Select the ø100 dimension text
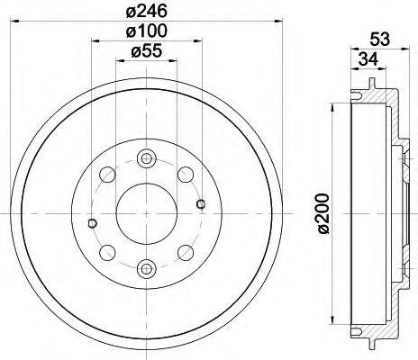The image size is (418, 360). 147,33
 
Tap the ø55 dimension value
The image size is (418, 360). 147,53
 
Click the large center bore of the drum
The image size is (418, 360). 147,212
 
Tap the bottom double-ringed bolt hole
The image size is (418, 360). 147,266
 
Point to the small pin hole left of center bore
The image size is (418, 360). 92,223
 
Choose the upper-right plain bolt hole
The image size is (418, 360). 185,173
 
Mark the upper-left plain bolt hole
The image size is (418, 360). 108,173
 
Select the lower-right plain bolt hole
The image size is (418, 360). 185,251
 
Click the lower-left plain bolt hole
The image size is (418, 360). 108,251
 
